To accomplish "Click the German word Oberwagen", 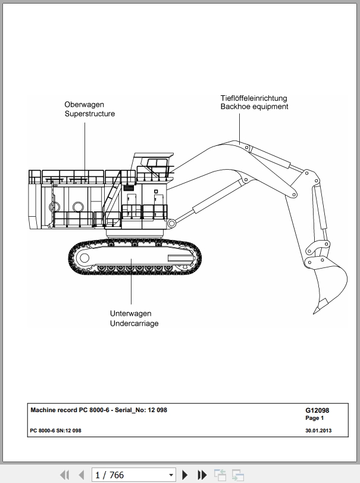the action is [84, 105].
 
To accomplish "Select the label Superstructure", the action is [89, 114].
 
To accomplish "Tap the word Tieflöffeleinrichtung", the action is [253, 98].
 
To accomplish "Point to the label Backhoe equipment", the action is [254, 107].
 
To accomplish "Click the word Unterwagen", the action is [130, 314].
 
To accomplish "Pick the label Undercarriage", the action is [134, 323].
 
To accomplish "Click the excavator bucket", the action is [329, 283].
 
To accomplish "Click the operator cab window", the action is [156, 163].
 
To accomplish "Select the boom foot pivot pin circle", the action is [171, 223].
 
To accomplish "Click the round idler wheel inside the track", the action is [84, 258].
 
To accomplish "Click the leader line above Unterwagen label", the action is [131, 282].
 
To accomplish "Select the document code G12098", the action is [317, 410].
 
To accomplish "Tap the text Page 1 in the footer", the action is [314, 418].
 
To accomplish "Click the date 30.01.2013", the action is [318, 431].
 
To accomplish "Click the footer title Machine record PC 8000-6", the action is [70, 410].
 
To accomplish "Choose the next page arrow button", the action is [185, 475].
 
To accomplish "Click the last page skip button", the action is [202, 475].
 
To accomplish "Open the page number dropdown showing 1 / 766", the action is [134, 475].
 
